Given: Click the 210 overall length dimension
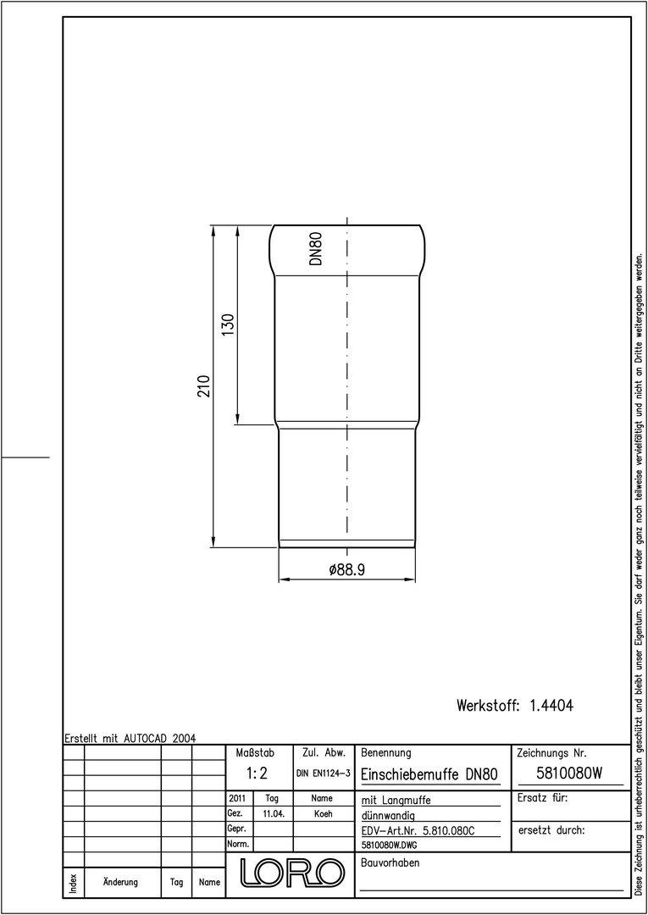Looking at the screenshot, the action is tap(203, 385).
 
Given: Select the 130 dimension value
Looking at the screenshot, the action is tap(228, 324).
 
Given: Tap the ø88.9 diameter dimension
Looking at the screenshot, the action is tap(346, 570).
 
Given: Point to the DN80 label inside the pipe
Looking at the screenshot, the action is tap(316, 248).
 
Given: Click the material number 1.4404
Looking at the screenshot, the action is tap(551, 706).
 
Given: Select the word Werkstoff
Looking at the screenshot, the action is tap(488, 706).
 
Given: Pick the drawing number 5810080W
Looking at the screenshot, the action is tap(568, 774).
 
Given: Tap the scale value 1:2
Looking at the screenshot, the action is tap(256, 774).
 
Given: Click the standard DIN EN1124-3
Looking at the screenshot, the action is tap(323, 774).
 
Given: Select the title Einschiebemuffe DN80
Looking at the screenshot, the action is tap(429, 774).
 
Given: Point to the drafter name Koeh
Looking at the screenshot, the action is tap(323, 814).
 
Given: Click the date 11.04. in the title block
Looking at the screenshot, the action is tap(274, 814).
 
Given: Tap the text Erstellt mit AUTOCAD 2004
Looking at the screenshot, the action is tap(130, 738).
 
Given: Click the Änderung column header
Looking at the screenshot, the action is tap(120, 882).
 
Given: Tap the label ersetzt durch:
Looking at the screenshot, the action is tap(551, 830).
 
